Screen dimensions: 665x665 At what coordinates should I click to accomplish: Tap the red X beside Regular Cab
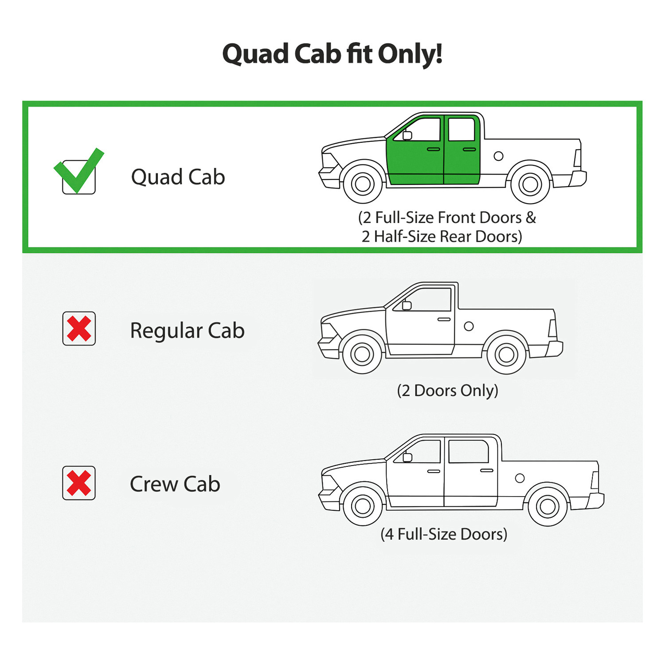coord(79,329)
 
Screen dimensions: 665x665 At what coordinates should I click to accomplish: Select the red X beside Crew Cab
coord(79,483)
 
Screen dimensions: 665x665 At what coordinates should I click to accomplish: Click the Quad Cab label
coord(178,177)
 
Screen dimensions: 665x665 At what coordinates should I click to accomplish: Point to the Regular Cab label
coord(187,331)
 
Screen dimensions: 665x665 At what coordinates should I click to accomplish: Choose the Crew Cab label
coord(175,484)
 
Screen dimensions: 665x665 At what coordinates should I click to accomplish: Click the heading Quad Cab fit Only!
coord(332,54)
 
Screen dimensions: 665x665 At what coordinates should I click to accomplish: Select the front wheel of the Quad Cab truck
coord(363,184)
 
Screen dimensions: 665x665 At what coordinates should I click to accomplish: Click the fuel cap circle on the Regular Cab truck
coord(469,326)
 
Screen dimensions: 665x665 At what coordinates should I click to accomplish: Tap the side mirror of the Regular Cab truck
coord(407,305)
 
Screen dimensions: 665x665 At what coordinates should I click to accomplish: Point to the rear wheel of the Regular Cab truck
coord(506,354)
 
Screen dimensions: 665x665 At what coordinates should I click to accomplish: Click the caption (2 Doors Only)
coord(447,391)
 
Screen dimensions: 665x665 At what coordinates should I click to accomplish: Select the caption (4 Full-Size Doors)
coord(444,534)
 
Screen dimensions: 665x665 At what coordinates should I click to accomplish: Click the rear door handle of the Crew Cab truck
coord(486,470)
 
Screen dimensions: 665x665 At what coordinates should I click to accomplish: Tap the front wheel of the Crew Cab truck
coord(363,506)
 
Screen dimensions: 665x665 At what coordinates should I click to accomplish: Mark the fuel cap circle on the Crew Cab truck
coord(520,478)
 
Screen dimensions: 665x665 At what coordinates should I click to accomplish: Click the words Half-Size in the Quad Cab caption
coord(405,237)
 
